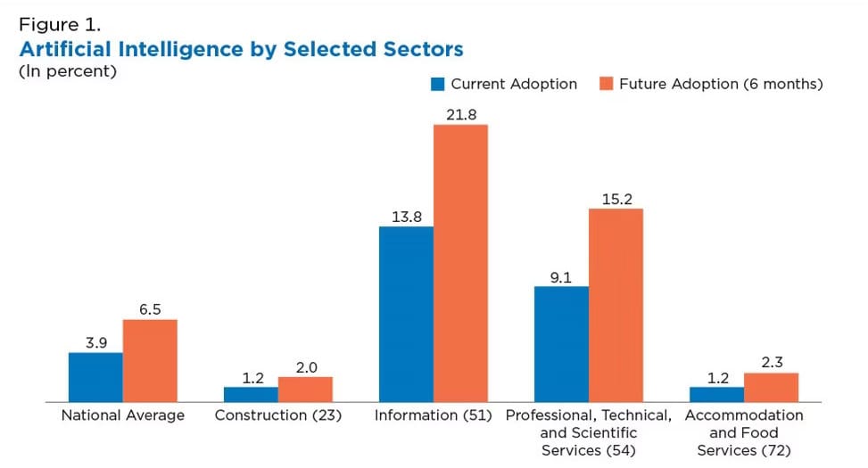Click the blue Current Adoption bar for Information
tap(406, 314)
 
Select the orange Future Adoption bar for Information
tap(460, 263)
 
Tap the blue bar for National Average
tap(95, 377)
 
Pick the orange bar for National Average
tap(150, 360)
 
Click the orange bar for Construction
tap(305, 389)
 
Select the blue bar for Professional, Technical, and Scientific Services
tap(561, 344)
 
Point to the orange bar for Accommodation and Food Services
tap(771, 387)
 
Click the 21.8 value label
tap(460, 114)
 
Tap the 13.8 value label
tap(406, 216)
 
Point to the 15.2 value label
tap(616, 198)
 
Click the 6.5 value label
tap(150, 308)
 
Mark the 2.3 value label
tap(771, 362)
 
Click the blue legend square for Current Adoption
tap(438, 85)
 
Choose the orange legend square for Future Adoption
tap(606, 85)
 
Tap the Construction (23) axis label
tap(278, 415)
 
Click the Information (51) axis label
tap(434, 415)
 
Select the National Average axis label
tap(122, 415)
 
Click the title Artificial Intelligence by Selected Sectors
tap(241, 47)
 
